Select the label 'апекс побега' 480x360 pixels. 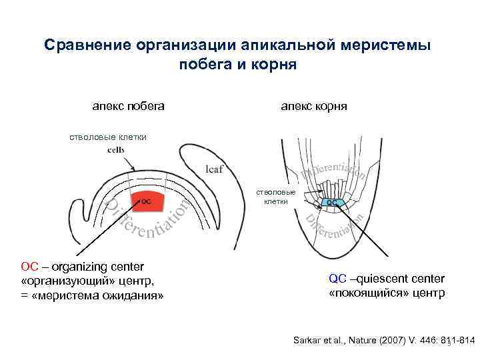tap(129, 106)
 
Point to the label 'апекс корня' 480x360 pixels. tap(313, 106)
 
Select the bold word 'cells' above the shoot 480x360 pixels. tap(115, 149)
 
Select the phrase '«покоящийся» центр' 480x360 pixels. tap(387, 293)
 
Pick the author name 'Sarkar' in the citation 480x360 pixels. tap(307, 341)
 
